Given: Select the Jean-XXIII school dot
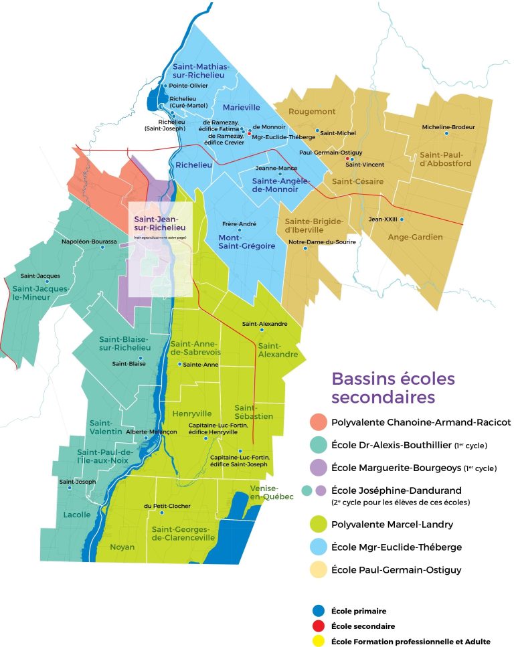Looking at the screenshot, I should (402, 219).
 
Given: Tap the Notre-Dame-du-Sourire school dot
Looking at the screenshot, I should (306, 249).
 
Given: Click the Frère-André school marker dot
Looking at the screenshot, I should (239, 230).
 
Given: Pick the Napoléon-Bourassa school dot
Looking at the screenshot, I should (102, 248).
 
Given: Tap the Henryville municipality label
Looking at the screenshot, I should (192, 413).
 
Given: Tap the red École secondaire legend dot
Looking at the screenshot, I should (319, 626).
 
